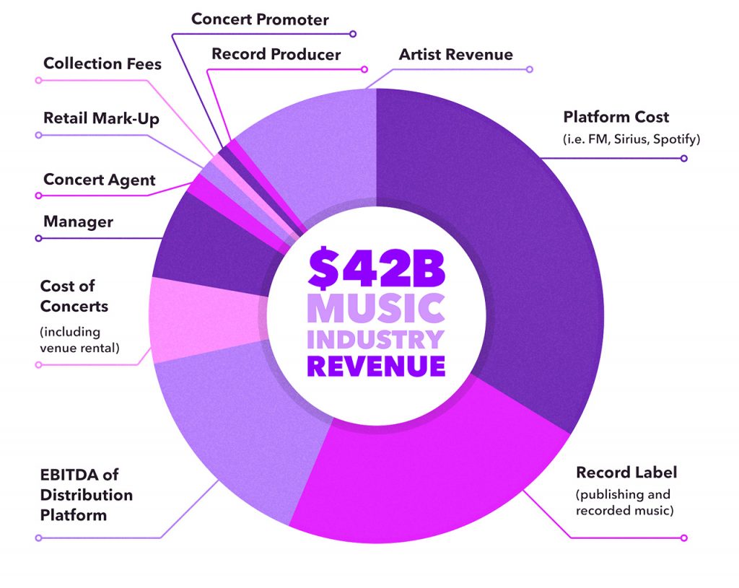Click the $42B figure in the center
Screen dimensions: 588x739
pos(376,268)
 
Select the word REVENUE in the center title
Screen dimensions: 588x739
pos(376,365)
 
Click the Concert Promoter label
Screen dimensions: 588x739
pos(260,19)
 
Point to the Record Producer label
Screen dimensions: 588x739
pos(276,54)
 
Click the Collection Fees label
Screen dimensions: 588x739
pos(102,63)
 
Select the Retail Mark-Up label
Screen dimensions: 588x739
pos(100,118)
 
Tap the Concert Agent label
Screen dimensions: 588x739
pos(100,180)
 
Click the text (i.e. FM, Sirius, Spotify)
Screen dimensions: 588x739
pos(631,139)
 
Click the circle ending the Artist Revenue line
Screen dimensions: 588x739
pos(530,69)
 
